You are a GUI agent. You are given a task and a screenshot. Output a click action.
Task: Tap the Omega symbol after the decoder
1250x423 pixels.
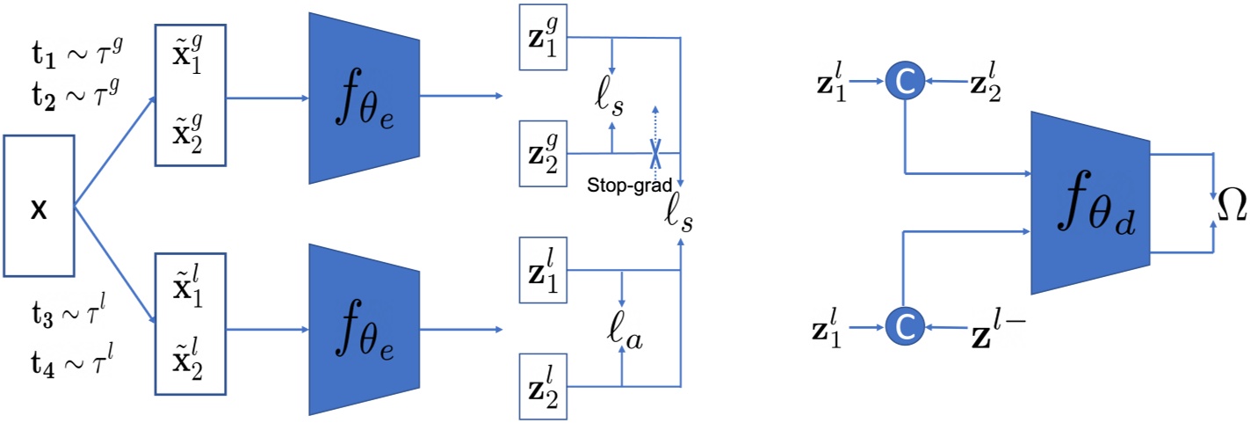(x=1230, y=208)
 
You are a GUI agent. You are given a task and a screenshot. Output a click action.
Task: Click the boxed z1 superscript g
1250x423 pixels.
(x=544, y=41)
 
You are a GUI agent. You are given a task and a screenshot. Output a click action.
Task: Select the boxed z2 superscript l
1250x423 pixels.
(x=544, y=385)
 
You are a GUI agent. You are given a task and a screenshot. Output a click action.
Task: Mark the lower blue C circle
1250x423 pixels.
(x=905, y=329)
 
